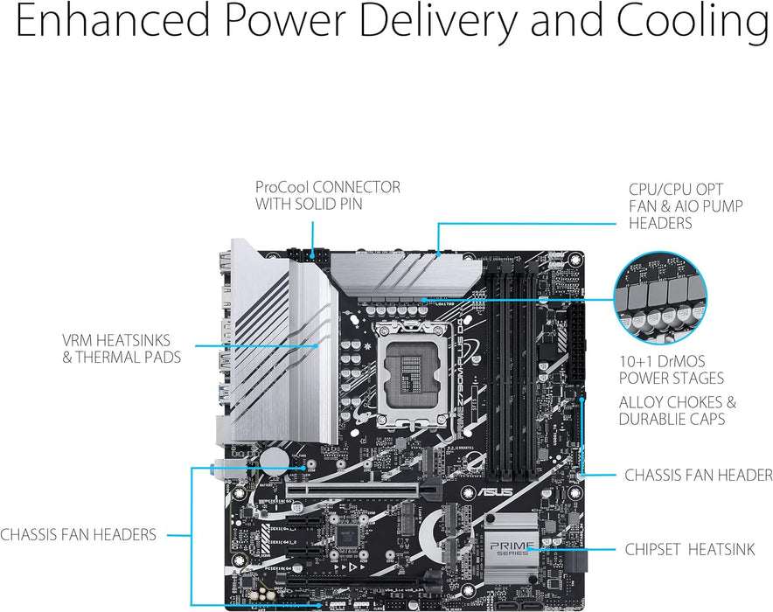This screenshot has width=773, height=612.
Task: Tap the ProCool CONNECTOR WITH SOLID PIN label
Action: pyautogui.click(x=327, y=195)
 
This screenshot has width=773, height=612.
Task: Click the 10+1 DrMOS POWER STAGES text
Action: pyautogui.click(x=672, y=370)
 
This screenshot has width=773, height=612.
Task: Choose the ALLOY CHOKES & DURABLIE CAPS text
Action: pyautogui.click(x=677, y=411)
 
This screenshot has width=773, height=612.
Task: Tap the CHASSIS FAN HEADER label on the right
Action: pyautogui.click(x=698, y=476)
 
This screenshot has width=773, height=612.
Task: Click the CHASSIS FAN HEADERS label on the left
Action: pyautogui.click(x=79, y=534)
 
